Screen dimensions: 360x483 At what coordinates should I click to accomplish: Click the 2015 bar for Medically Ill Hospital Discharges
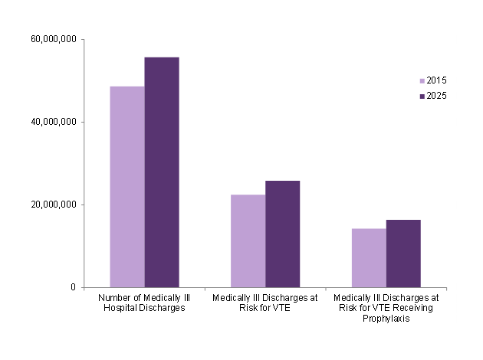pos(127,187)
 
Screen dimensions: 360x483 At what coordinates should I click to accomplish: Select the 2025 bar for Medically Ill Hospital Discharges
pos(162,172)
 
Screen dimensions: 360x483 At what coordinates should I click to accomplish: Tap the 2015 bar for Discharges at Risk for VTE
pos(248,241)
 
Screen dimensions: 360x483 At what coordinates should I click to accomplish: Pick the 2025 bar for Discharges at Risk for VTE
pos(282,234)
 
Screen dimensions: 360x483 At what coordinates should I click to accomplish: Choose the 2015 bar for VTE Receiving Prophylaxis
pos(369,257)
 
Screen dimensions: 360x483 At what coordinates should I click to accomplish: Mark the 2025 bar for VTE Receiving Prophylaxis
pos(403,254)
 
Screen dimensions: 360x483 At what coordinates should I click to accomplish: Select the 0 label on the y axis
pos(75,287)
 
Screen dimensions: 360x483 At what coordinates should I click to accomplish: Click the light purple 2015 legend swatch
pos(421,81)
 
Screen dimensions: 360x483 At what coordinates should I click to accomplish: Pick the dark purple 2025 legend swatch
pos(421,97)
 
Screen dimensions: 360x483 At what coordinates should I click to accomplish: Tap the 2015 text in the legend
pos(436,81)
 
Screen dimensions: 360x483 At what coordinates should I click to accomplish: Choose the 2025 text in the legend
pos(436,97)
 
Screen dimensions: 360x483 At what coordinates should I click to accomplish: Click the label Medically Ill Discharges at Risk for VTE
pos(265,303)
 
